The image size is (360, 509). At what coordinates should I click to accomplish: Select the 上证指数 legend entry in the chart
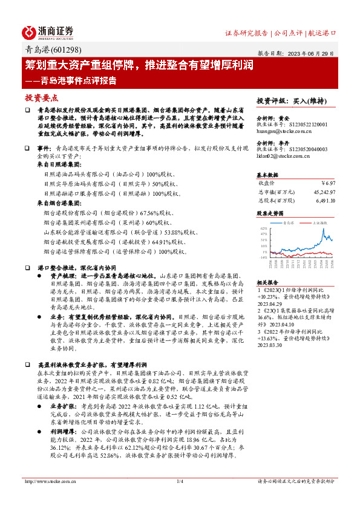[321, 222]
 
